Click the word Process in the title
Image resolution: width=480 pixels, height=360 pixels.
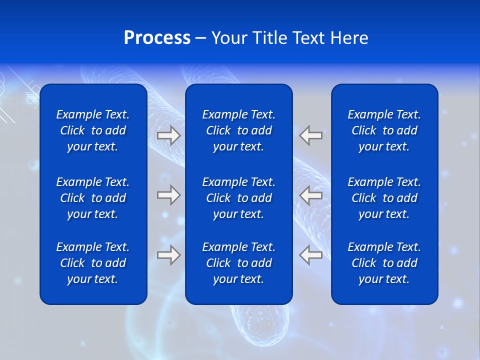click(157, 38)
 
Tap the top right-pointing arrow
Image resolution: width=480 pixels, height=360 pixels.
click(168, 135)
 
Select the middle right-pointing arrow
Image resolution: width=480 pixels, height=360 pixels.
click(168, 195)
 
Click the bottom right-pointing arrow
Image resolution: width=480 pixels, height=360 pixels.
click(168, 255)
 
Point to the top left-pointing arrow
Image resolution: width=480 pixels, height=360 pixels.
click(311, 135)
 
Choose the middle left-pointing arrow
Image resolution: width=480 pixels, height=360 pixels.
click(311, 195)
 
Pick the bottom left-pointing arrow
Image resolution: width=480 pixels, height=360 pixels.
click(311, 255)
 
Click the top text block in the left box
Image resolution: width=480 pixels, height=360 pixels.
click(93, 130)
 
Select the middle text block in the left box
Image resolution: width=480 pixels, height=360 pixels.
click(93, 198)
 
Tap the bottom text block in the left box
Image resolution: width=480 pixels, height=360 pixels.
click(93, 263)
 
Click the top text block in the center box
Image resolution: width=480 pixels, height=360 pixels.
click(238, 130)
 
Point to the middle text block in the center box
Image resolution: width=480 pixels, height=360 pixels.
click(238, 198)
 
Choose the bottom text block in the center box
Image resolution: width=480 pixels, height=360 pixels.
click(238, 263)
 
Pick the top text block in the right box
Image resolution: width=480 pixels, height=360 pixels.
click(384, 130)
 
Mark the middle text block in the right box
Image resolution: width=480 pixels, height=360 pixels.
click(384, 198)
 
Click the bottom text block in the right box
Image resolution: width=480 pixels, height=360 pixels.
click(384, 263)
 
